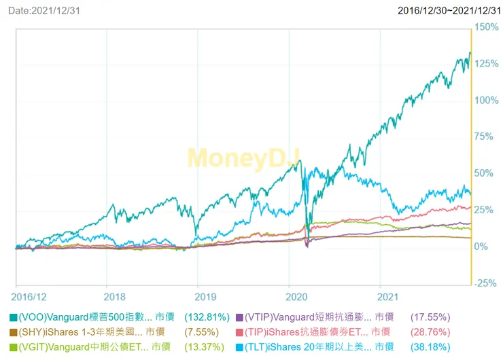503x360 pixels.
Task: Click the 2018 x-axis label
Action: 115,297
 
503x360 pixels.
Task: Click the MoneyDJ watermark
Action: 243,158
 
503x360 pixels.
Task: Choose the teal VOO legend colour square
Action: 14,317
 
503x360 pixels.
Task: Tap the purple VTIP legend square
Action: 239,317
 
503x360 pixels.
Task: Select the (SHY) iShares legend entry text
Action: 80,332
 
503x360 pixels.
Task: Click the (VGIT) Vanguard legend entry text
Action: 80,347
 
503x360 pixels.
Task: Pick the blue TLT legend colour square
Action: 239,347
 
